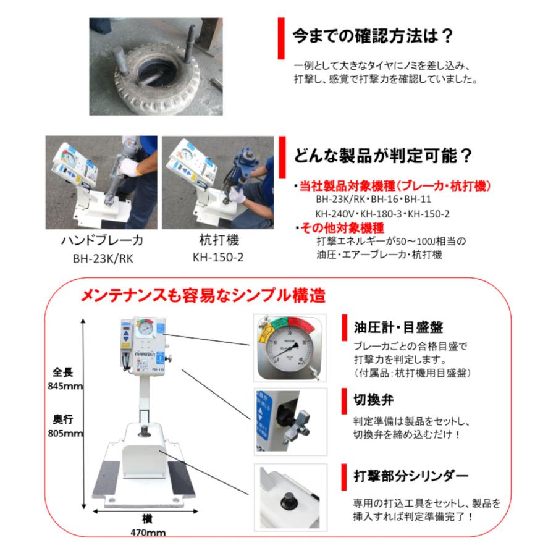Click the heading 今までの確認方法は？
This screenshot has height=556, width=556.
373,35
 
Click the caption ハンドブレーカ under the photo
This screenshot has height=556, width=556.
101,240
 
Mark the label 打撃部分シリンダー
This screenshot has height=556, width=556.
411,476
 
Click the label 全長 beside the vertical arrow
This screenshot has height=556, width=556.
64,373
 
